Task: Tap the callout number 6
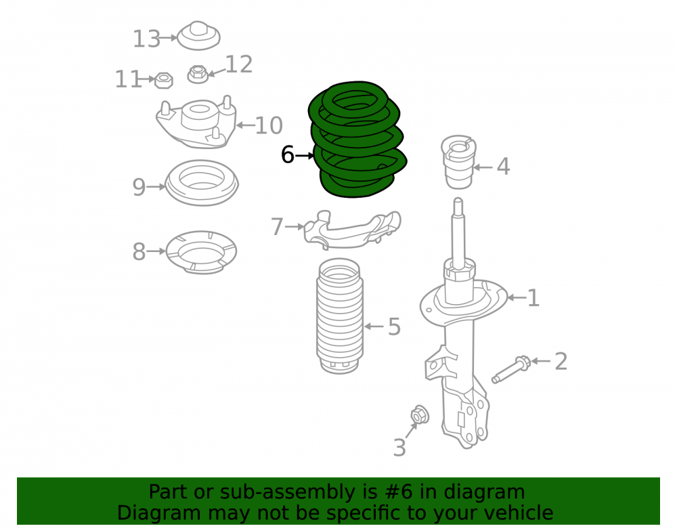pyautogui.click(x=288, y=154)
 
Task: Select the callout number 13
pyautogui.click(x=146, y=39)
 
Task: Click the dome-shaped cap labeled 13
pyautogui.click(x=198, y=35)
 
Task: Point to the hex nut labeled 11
pyautogui.click(x=164, y=81)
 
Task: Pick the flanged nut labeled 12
pyautogui.click(x=198, y=74)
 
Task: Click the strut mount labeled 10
pyautogui.click(x=196, y=122)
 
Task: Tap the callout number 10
pyautogui.click(x=269, y=125)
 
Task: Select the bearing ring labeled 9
pyautogui.click(x=202, y=183)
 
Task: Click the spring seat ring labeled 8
pyautogui.click(x=201, y=252)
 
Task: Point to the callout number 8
pyautogui.click(x=139, y=251)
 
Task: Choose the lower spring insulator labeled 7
pyautogui.click(x=352, y=230)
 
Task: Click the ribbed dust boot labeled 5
pyautogui.click(x=340, y=316)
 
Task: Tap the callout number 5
pyautogui.click(x=394, y=326)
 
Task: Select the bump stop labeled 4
pyautogui.click(x=458, y=161)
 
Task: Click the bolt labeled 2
pyautogui.click(x=511, y=370)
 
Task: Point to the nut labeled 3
pyautogui.click(x=419, y=415)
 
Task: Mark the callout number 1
pyautogui.click(x=533, y=298)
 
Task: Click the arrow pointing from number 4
pyautogui.click(x=483, y=167)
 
